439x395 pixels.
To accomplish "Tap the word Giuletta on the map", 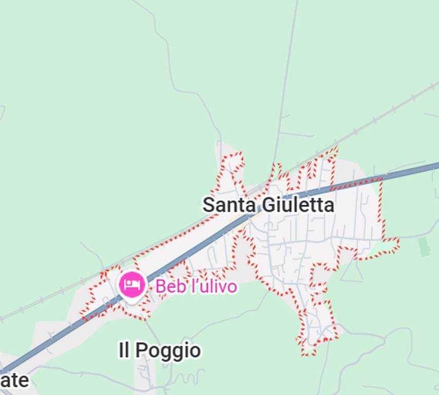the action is click(298, 205).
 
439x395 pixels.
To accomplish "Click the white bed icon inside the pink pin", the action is click(132, 284).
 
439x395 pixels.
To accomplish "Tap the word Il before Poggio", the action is click(124, 351).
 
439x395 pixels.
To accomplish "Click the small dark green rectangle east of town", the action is click(424, 247).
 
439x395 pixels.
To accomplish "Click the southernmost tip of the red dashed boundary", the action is click(308, 354).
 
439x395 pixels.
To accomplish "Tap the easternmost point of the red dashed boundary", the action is click(399, 242).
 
